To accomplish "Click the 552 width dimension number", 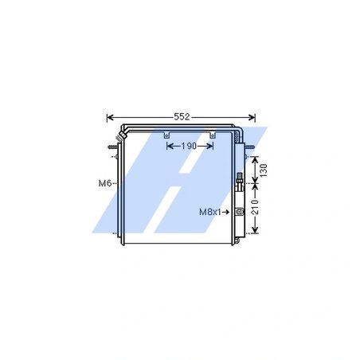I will coord(181,117).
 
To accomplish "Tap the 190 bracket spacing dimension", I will coord(190,147).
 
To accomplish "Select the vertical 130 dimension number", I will coord(264,169).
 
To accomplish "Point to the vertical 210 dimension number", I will coord(264,209).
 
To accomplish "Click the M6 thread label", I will coord(104,184).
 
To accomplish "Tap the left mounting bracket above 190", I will coord(166,136).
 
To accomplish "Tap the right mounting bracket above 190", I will coord(212,136).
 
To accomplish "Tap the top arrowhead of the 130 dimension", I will coord(254,157).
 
